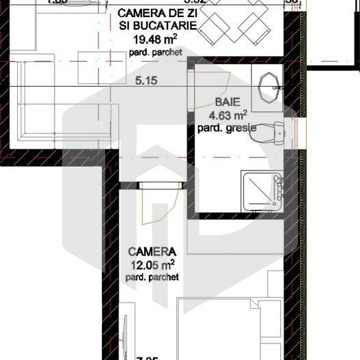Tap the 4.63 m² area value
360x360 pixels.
pyautogui.click(x=222, y=116)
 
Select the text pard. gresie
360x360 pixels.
pyautogui.click(x=222, y=128)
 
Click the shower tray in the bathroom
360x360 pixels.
pyautogui.click(x=263, y=191)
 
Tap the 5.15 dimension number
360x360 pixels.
pyautogui.click(x=147, y=81)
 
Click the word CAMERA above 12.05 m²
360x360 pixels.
pyautogui.click(x=152, y=251)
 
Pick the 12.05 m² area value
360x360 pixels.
pyautogui.click(x=152, y=264)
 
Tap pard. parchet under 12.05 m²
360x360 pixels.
pyautogui.click(x=152, y=277)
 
